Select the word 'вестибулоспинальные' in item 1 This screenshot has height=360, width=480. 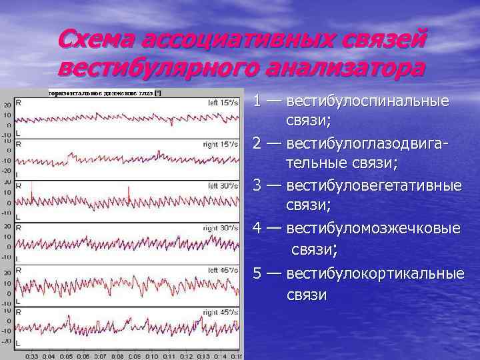[367, 102]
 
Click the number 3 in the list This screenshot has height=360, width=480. [257, 185]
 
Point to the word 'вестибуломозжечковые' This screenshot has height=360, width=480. [373, 228]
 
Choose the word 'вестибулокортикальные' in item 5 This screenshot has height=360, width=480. [375, 273]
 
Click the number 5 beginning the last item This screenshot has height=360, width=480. [257, 273]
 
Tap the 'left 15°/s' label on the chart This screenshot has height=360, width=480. [223, 103]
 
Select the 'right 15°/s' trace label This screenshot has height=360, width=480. [222, 144]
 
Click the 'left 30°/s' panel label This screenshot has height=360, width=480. [223, 185]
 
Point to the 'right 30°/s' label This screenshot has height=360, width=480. [222, 228]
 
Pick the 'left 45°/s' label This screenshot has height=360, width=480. [223, 270]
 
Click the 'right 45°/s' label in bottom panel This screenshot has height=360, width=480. [222, 312]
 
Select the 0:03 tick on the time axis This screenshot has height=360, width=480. [31, 356]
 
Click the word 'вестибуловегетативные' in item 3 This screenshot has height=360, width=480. [373, 185]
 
